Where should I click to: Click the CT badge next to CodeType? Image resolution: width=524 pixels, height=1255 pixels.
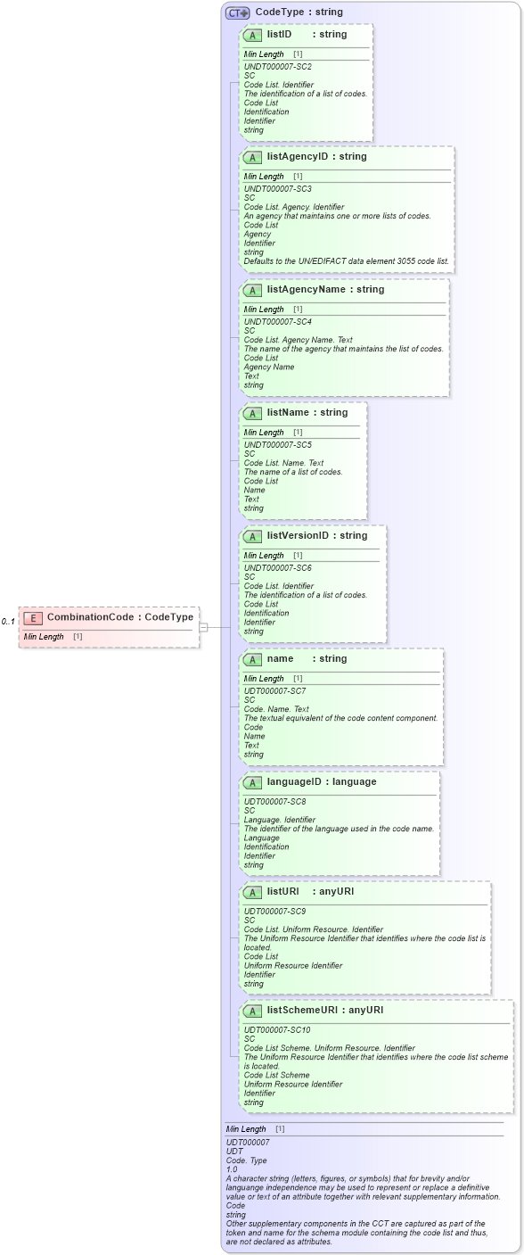coord(237,12)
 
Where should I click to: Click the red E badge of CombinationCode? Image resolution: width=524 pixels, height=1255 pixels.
coord(33,617)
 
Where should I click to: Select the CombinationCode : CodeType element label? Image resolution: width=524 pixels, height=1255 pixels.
coord(119,617)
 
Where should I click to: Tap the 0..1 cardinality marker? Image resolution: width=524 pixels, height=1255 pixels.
coord(8,622)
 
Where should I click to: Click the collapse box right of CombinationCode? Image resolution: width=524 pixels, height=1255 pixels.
coord(203,627)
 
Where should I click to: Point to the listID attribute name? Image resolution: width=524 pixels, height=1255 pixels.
coord(279,34)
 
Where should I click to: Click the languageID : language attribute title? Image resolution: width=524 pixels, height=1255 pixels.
coord(321,781)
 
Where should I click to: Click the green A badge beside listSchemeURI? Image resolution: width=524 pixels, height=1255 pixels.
coord(252,1011)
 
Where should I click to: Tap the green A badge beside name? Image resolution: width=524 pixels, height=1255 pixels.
coord(252,659)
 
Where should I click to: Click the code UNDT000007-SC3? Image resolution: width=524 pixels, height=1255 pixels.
coord(277,189)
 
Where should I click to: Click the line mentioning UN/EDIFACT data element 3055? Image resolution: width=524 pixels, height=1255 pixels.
coord(347,261)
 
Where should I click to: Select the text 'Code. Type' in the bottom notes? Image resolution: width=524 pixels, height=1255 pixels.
coord(246,1160)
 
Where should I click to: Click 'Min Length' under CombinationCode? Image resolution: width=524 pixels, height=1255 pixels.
coord(44,637)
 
